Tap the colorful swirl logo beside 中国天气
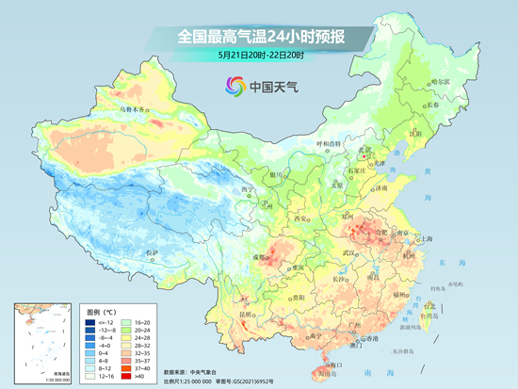click(232, 88)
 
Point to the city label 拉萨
click(153, 253)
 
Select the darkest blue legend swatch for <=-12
click(82, 320)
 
